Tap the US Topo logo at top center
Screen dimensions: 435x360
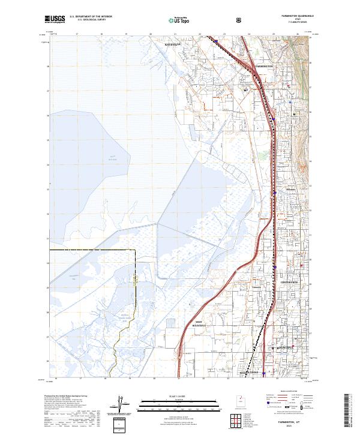pos(180,20)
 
